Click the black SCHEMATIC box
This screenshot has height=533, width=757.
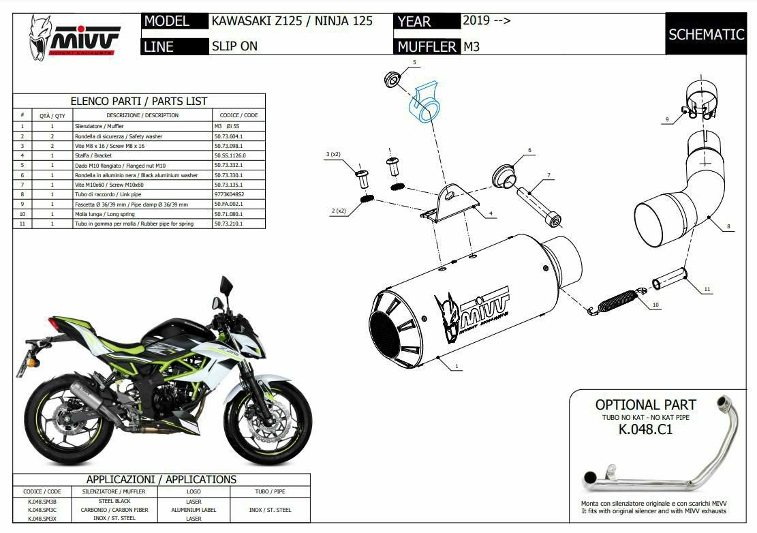coord(706,34)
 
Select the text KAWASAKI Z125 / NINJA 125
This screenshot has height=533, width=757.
coord(292,21)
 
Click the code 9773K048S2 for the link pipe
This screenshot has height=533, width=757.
coord(229,194)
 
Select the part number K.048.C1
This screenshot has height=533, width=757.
coord(645,429)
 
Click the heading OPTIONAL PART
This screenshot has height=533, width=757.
coord(645,405)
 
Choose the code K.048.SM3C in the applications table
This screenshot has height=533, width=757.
coord(42,509)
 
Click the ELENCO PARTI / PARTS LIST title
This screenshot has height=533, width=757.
coord(139,101)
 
